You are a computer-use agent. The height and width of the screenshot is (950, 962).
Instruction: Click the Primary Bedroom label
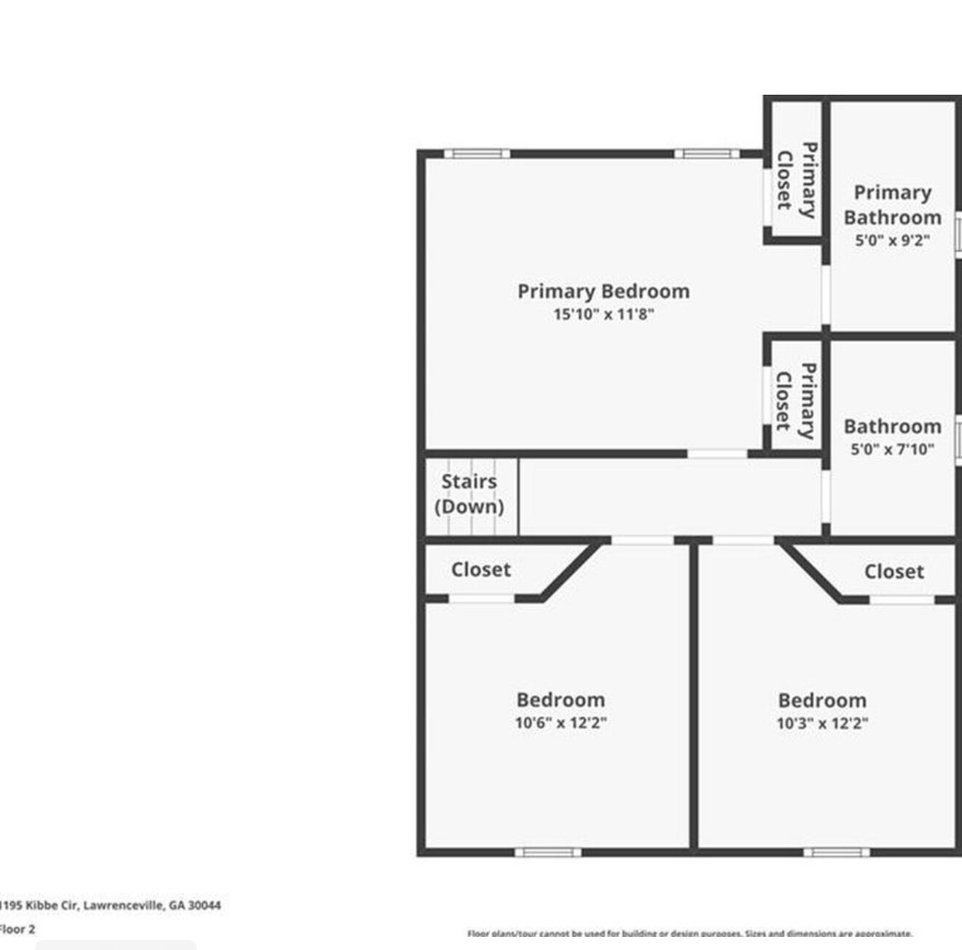click(x=603, y=291)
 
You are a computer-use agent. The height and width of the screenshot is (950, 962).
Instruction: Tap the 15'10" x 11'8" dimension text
click(x=603, y=315)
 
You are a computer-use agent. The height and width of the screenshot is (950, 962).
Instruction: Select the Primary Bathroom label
click(x=892, y=205)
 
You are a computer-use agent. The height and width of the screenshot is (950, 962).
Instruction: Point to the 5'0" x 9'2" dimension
click(x=892, y=240)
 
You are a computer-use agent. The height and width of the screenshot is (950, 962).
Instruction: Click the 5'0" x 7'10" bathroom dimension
click(x=892, y=450)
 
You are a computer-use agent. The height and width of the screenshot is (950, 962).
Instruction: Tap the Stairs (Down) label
click(x=469, y=494)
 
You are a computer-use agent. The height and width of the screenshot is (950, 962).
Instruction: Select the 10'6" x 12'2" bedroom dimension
click(x=560, y=723)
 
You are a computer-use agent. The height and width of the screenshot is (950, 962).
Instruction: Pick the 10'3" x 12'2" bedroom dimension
click(x=822, y=723)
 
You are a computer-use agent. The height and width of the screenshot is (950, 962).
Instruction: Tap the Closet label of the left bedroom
click(x=480, y=570)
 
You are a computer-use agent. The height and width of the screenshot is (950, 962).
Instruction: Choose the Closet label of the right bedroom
click(x=893, y=572)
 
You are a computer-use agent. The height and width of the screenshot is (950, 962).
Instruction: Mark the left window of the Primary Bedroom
click(x=477, y=154)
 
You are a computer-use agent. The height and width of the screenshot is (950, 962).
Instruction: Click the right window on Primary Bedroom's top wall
click(x=706, y=154)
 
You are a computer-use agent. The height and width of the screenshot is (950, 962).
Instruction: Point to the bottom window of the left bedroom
click(x=548, y=852)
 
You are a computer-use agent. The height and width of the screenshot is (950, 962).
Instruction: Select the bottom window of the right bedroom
click(x=837, y=852)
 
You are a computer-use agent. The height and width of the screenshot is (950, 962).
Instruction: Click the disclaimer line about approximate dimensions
click(x=689, y=933)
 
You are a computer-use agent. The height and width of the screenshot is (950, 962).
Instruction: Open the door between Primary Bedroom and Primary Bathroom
click(x=826, y=295)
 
